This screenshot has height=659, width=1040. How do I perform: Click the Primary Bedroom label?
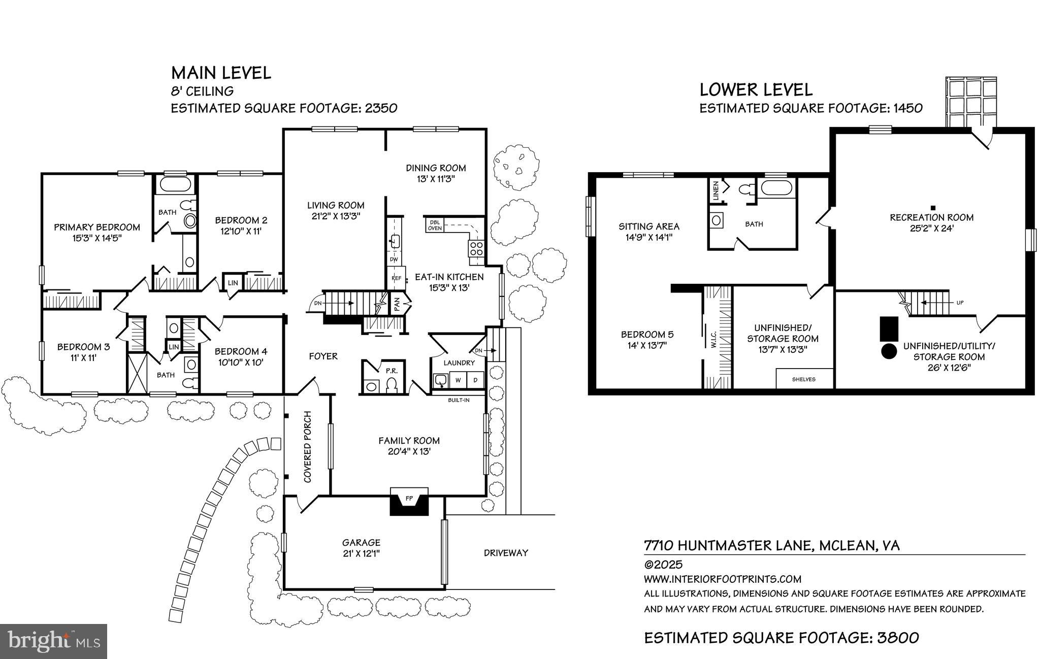pos(97,227)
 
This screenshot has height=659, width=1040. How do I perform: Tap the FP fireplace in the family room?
pos(409,499)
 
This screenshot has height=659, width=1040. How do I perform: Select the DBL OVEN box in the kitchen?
pos(435,225)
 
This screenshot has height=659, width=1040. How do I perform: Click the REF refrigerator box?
pos(396,278)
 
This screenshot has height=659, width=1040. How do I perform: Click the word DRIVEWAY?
pos(506,553)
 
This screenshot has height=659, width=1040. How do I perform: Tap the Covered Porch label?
pos(308,447)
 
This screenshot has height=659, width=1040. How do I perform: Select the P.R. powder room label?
pos(391,371)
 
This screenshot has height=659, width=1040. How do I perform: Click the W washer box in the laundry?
pos(458,380)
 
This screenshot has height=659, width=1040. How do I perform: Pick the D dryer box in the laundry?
pos(476,380)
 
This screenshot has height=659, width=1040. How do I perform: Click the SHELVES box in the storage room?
pos(804,379)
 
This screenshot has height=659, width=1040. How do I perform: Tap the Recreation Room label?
pos(932,217)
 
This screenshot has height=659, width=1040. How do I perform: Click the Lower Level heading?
pos(756,90)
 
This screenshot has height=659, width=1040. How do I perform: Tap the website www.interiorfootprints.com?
pos(723,579)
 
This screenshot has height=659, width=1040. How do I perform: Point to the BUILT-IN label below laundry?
pos(459,400)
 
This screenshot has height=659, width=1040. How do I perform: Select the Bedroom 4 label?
pos(241,351)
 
